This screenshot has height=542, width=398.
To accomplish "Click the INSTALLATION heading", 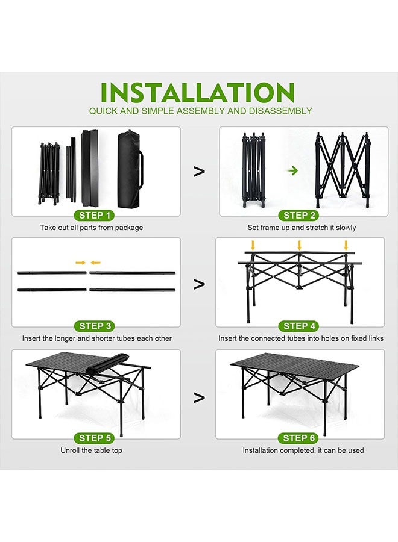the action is (x=197, y=93).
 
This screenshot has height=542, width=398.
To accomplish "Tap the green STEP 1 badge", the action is (x=94, y=216).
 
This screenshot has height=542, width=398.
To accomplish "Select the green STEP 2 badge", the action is (x=298, y=216).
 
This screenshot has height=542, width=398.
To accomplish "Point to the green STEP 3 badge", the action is (x=95, y=326).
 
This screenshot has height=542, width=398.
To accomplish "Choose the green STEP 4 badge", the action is (x=298, y=326).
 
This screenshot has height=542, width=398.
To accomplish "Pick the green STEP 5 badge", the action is (x=95, y=438).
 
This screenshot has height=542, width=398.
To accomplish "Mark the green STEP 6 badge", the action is (x=298, y=438).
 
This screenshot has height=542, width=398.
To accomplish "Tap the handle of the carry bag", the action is (x=141, y=169).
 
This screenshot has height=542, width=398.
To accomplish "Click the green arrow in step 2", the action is (x=293, y=170).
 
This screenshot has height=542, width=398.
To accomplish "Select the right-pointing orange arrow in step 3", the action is (x=81, y=263).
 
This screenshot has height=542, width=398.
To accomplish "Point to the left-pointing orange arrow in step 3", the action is (x=95, y=263).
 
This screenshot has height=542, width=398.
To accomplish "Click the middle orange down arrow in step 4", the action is (x=299, y=245).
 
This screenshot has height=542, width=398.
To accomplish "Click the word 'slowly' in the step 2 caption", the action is (x=345, y=228).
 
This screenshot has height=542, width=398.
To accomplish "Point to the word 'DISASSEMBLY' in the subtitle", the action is (x=280, y=111).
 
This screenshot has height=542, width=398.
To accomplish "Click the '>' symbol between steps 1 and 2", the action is (x=199, y=172).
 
